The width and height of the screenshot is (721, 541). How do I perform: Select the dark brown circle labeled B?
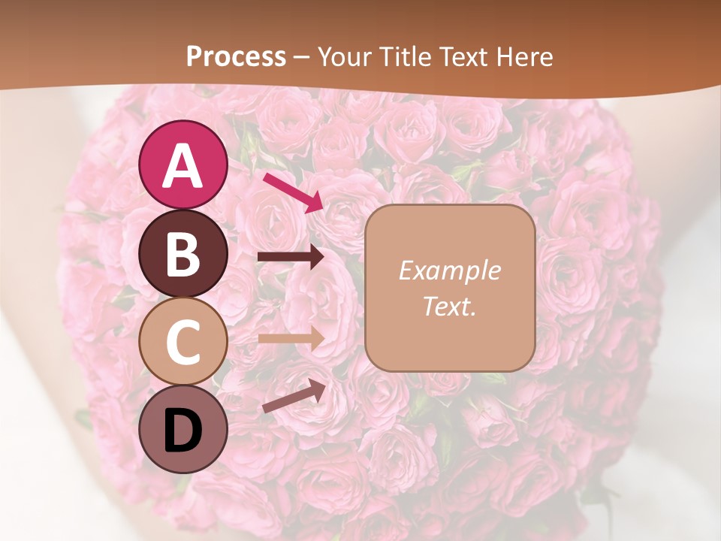click(x=183, y=252)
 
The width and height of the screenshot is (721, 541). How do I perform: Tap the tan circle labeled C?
click(x=183, y=341)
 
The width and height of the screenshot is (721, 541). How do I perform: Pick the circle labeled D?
click(x=183, y=429)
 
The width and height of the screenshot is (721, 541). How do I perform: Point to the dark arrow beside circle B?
click(x=291, y=257)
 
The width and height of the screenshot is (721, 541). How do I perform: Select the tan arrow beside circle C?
click(x=291, y=338)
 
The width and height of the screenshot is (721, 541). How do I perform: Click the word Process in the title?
click(x=236, y=56)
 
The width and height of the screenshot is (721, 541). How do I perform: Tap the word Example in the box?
click(x=449, y=270)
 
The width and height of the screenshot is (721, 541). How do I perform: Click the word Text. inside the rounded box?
click(x=449, y=306)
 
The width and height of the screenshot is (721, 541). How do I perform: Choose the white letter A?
click(x=183, y=166)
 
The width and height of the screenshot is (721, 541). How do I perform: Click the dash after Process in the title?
click(x=302, y=58)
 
